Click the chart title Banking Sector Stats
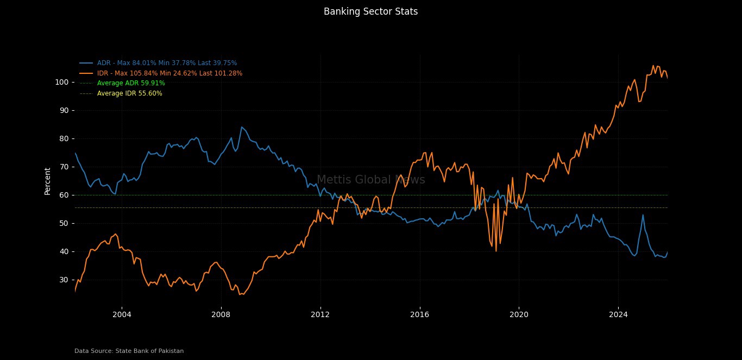pos(370,11)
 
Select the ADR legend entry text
pos(167,63)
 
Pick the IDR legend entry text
pos(169,73)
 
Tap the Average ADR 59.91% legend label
pos(131,83)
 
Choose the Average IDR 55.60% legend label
pos(129,93)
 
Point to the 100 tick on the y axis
pos(61,82)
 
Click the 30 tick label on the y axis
pos(63,280)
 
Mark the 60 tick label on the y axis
pos(63,195)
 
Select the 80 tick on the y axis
pos(63,138)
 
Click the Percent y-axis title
pos(48,181)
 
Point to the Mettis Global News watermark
pos(370,180)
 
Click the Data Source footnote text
pos(129,351)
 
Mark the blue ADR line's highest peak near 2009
pos(242,127)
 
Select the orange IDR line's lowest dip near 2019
pos(496,250)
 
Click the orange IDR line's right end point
pos(668,78)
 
